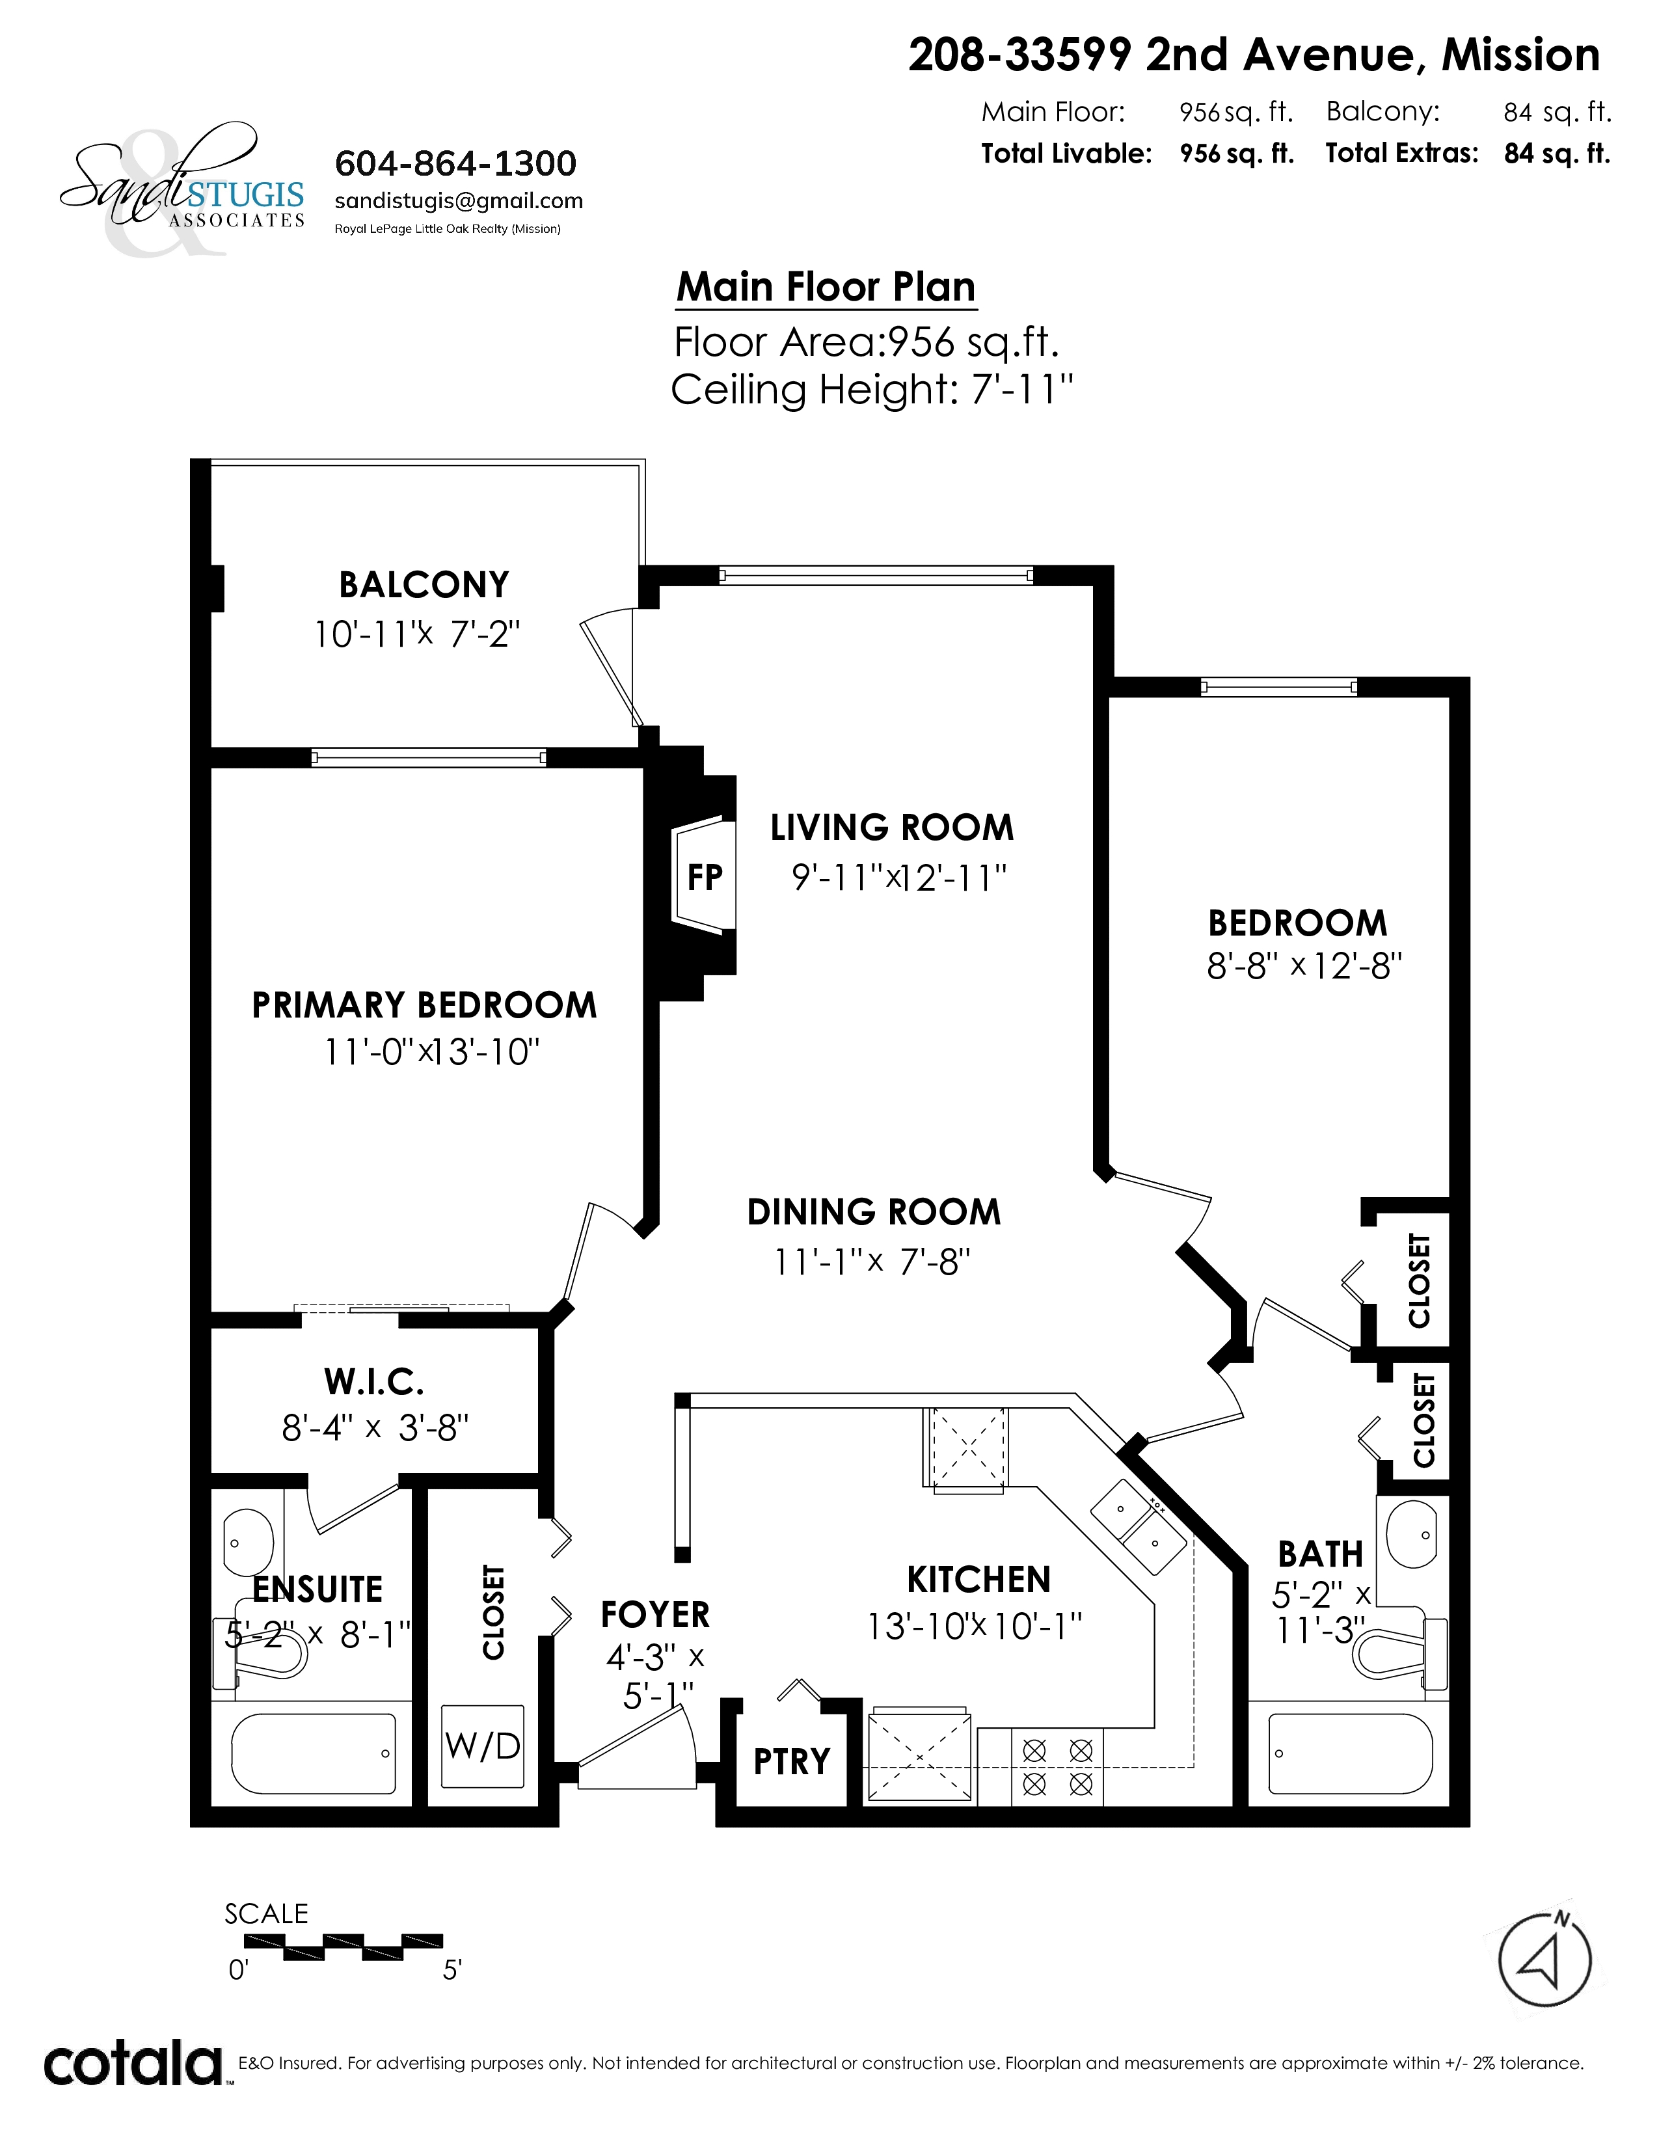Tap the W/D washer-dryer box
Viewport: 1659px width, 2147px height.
point(483,1746)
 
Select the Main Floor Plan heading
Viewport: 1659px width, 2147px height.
point(826,287)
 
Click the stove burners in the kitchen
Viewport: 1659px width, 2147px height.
point(1057,1766)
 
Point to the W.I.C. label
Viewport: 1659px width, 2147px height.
point(375,1382)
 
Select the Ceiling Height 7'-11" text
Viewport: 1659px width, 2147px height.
point(872,390)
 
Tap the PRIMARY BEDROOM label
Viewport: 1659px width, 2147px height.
point(425,1006)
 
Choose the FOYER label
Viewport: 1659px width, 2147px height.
point(656,1615)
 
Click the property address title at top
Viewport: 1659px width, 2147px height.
point(1254,55)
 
